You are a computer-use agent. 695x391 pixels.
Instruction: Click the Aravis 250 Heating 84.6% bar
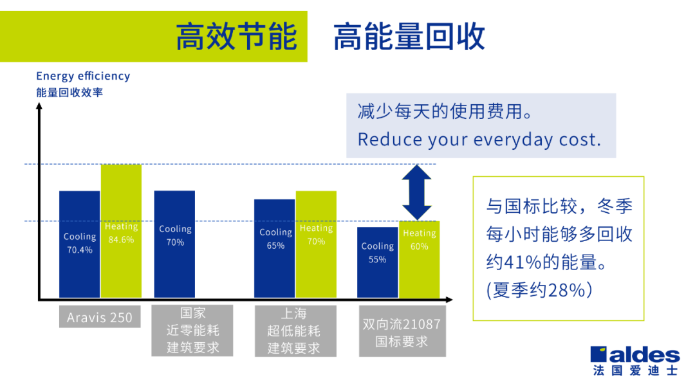pos(121,231)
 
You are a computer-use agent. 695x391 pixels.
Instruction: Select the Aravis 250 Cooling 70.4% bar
pos(80,244)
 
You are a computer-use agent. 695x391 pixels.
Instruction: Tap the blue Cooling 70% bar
pos(174,244)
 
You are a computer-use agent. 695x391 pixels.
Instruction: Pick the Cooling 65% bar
pos(274,248)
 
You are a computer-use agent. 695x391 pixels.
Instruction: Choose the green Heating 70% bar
pos(316,244)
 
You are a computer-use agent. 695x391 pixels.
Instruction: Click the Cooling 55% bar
pos(378,262)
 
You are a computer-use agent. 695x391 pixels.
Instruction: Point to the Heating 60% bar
pos(420,259)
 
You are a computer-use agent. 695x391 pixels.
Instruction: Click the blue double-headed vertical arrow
pos(416,193)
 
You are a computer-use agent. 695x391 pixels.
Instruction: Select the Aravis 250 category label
pos(100,317)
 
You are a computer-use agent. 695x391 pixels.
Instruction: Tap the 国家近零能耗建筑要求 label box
pos(192,331)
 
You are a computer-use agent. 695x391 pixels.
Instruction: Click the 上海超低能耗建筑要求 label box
pos(295,331)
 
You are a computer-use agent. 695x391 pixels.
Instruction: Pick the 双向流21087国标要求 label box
pos(402,331)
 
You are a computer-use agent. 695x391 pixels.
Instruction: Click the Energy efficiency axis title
pos(83,76)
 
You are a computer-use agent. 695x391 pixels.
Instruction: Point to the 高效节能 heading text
pos(236,37)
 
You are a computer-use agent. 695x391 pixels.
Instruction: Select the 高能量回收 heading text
pos(409,37)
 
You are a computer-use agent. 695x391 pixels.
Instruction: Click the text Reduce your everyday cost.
pos(479,140)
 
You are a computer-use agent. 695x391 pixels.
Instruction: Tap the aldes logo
pos(635,360)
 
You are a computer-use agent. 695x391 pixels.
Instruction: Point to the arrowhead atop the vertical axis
pos(39,106)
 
